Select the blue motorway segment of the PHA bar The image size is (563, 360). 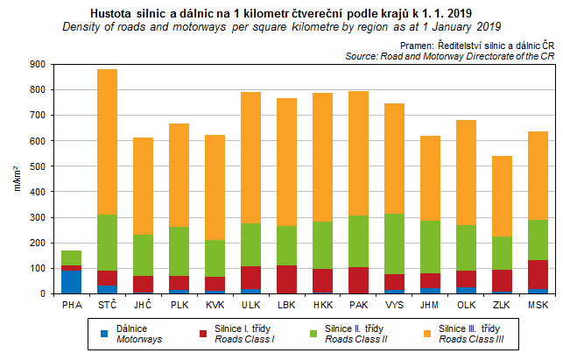click(71, 282)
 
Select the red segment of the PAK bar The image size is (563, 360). click(358, 280)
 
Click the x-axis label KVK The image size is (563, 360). click(215, 306)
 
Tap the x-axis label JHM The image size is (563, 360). click(430, 306)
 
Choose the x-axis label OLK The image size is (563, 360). click(466, 306)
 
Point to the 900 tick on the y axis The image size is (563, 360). click(38, 64)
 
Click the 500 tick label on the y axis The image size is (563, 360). click(38, 166)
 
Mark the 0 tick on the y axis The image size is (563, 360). click(44, 294)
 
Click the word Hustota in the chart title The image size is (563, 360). click(113, 13)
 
